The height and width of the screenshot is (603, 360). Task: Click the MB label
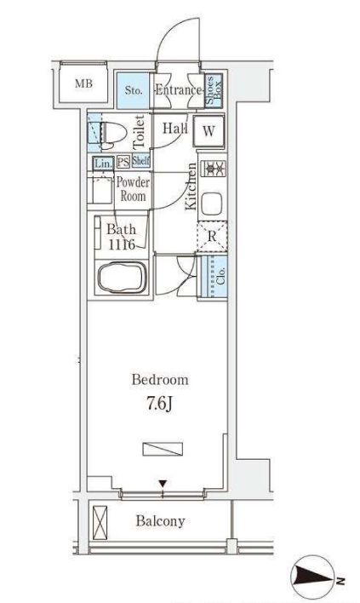[83, 83]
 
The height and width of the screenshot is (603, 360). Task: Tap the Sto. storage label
[134, 91]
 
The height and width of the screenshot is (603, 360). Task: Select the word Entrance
[178, 90]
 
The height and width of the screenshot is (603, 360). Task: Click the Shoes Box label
[214, 90]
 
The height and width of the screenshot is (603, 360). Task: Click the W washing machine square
[209, 131]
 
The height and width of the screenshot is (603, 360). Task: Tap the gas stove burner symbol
[214, 169]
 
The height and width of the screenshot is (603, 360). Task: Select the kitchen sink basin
[212, 204]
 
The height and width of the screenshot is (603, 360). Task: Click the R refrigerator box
[212, 237]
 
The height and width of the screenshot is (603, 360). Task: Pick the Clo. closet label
[220, 275]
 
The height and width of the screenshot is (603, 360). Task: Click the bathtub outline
[123, 277]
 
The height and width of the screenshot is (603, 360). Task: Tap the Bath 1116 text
[122, 237]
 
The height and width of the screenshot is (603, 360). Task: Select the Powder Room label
[133, 189]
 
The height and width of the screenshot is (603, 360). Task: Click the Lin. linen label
[104, 164]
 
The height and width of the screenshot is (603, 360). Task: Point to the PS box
[123, 162]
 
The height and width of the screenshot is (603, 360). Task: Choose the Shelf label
[140, 160]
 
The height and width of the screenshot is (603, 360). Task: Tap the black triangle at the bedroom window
[163, 483]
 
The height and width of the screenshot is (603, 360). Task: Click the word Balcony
[161, 521]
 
